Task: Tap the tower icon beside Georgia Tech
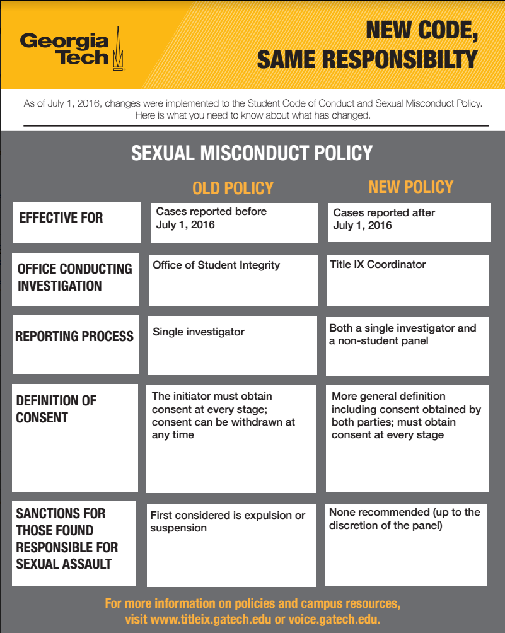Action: [117, 49]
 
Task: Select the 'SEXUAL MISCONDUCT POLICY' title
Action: [252, 153]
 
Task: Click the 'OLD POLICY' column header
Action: [233, 188]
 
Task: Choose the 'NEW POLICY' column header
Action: [410, 187]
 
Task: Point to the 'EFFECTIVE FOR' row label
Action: [61, 218]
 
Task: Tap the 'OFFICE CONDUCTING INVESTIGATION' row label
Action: [74, 277]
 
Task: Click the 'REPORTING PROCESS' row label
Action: [74, 336]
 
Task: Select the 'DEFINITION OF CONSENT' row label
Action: [56, 409]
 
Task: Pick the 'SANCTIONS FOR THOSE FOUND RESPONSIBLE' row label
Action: [67, 538]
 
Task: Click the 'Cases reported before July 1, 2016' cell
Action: [211, 218]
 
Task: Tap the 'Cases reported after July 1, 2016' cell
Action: [384, 219]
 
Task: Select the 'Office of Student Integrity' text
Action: [216, 265]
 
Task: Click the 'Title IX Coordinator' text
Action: [378, 264]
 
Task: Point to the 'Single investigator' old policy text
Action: [198, 332]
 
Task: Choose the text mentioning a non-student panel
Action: [402, 334]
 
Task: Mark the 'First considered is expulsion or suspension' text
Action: [227, 521]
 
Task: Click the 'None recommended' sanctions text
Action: [404, 518]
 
